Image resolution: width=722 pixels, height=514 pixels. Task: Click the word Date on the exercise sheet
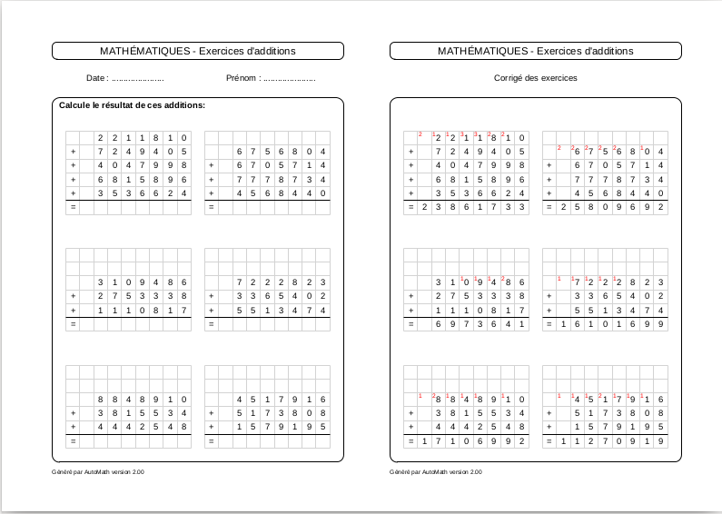coord(96,78)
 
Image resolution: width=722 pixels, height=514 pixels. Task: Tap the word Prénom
coord(242,78)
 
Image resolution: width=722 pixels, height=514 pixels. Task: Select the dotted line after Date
coord(139,79)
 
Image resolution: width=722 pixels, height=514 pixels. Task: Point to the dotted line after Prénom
coord(289,79)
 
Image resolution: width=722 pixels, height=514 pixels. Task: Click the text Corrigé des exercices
coord(535,78)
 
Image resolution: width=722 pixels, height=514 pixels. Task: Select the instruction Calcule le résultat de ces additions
coord(132,105)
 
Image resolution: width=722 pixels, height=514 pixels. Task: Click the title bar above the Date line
coord(197,51)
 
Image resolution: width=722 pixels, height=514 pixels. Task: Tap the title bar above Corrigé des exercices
coord(535,51)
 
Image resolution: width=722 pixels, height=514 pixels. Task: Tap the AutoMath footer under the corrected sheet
coord(436,472)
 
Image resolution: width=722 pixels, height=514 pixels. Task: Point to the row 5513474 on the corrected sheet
coord(618,310)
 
